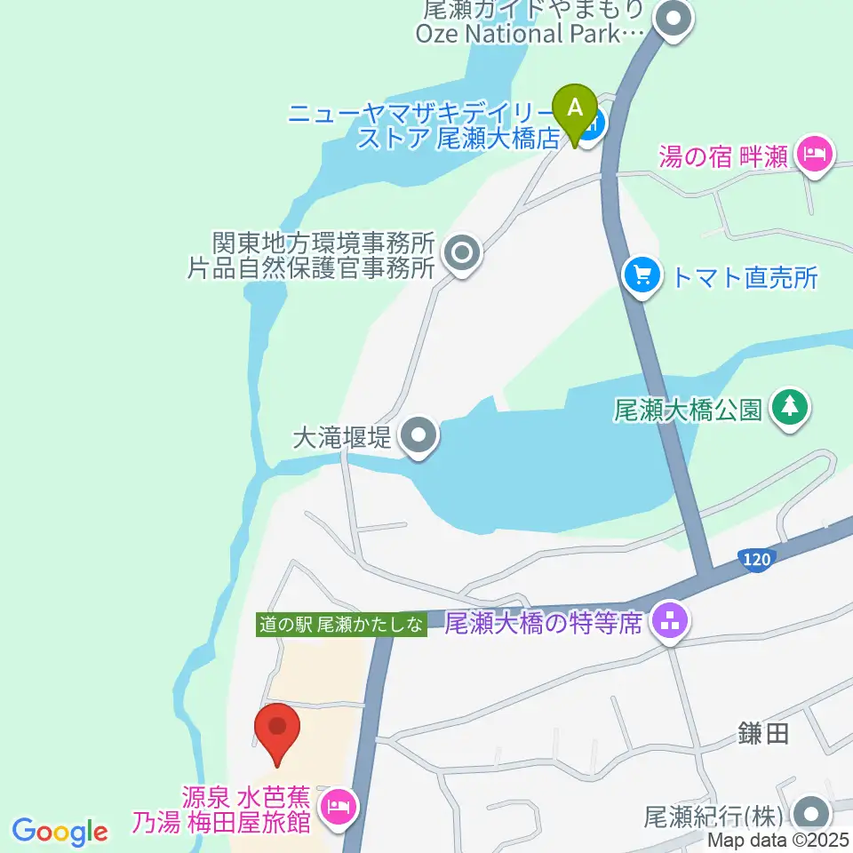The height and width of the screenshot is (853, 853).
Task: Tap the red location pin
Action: click(x=277, y=730)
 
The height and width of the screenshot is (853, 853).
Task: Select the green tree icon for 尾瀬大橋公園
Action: click(x=787, y=408)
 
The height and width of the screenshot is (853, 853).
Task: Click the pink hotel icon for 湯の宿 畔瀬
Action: click(x=812, y=156)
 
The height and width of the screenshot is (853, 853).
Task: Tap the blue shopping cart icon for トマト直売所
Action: click(x=642, y=276)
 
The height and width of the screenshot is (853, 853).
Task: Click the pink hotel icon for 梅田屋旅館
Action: click(x=338, y=809)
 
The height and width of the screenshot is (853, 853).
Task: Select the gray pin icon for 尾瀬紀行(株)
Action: click(x=809, y=813)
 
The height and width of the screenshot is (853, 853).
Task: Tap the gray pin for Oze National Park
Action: click(x=674, y=19)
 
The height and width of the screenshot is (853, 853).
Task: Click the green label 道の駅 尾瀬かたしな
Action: click(x=341, y=625)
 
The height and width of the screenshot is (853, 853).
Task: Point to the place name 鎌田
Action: click(x=763, y=733)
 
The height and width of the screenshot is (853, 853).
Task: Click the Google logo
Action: click(x=60, y=832)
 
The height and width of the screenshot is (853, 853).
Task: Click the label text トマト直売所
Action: click(x=745, y=277)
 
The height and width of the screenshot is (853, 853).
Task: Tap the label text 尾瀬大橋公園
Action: click(x=688, y=410)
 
